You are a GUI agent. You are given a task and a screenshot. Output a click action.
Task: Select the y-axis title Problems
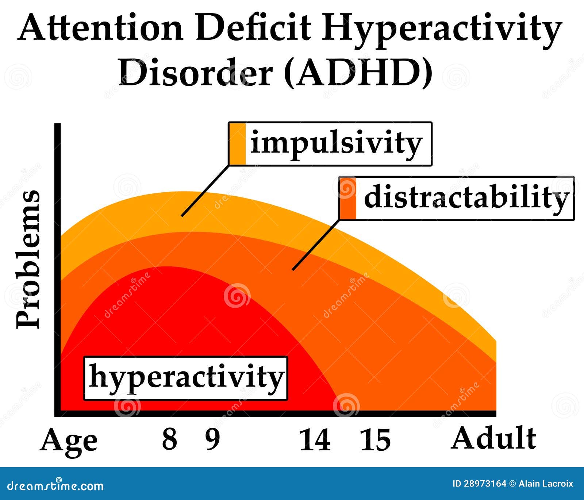coord(28,259)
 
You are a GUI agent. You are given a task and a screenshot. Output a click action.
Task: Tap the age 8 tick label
coord(170,439)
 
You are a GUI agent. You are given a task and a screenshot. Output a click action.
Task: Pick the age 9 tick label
coord(213,439)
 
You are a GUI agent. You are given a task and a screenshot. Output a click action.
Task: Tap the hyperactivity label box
coord(186,378)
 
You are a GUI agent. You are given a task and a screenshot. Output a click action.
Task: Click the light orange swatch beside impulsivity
coord(237,144)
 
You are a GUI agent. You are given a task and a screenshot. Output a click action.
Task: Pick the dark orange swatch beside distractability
coord(347,198)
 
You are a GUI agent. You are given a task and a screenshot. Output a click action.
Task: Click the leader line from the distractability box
coord(316,245)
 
